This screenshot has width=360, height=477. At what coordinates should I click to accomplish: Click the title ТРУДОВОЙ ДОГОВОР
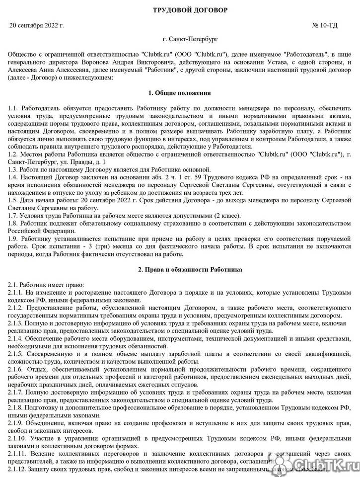click(179, 10)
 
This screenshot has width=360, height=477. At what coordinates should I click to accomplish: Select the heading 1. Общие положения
click(179, 93)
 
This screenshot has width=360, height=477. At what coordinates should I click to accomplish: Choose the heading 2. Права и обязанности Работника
click(180, 270)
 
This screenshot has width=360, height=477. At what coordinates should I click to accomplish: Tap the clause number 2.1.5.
click(16, 354)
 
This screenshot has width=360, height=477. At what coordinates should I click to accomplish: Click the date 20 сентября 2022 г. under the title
click(37, 24)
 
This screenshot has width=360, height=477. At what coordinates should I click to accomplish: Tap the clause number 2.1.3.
click(16, 323)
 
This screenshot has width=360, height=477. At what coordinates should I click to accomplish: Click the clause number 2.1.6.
click(16, 370)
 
